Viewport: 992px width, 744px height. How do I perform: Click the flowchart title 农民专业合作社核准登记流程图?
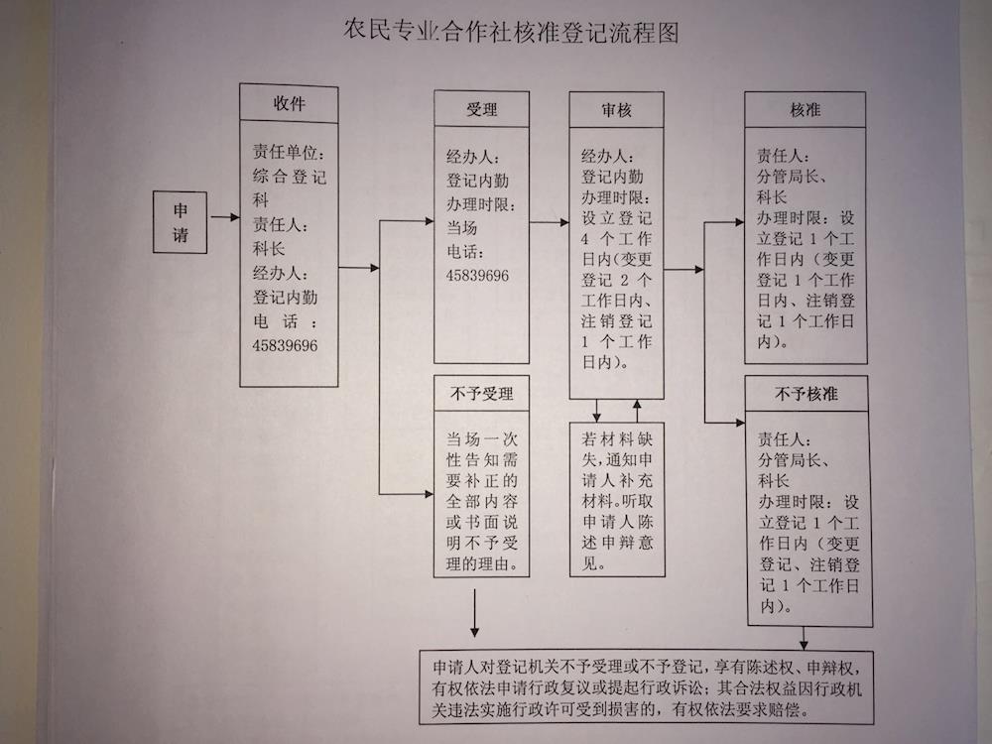pyautogui.click(x=511, y=32)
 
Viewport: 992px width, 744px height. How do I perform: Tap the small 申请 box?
pyautogui.click(x=181, y=222)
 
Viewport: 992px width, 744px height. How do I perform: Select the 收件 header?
pyautogui.click(x=289, y=103)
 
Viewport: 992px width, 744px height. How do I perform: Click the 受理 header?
pyautogui.click(x=481, y=109)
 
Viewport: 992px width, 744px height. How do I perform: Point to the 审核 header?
pyautogui.click(x=616, y=110)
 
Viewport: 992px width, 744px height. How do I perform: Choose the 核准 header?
pyautogui.click(x=805, y=110)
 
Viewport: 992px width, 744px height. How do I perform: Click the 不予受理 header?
pyautogui.click(x=481, y=394)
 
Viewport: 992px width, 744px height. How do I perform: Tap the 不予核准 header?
pyautogui.click(x=806, y=394)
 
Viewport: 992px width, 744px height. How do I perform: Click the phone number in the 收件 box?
pyautogui.click(x=285, y=345)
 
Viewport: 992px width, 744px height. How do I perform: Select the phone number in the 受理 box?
pyautogui.click(x=477, y=275)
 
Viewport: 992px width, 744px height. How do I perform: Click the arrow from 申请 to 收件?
pyautogui.click(x=224, y=217)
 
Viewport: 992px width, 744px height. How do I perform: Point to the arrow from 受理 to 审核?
pyautogui.click(x=550, y=222)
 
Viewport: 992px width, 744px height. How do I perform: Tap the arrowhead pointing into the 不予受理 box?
pyautogui.click(x=429, y=493)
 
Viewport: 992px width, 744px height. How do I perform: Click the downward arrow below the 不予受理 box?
pyautogui.click(x=474, y=613)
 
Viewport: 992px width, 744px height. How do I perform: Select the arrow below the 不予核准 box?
pyautogui.click(x=804, y=638)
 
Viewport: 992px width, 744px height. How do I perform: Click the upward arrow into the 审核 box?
pyautogui.click(x=637, y=411)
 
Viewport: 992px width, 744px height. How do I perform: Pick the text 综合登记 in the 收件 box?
pyautogui.click(x=289, y=176)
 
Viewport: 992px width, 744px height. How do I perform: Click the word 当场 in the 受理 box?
pyautogui.click(x=462, y=228)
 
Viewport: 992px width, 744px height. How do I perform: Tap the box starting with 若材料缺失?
pyautogui.click(x=617, y=499)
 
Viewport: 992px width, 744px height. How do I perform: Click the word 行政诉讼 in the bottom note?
pyautogui.click(x=670, y=687)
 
